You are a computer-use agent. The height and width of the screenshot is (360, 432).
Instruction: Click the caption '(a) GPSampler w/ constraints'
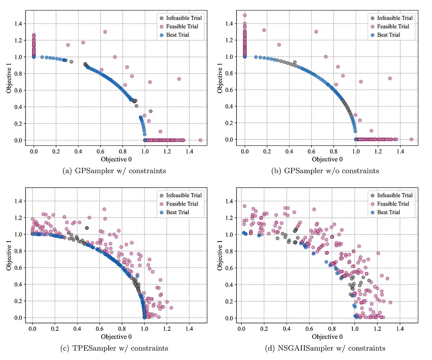pos(114,171)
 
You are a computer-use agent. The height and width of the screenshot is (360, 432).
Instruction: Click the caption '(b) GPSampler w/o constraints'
pos(325,171)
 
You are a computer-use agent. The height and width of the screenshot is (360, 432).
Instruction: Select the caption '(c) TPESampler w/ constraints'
pos(114,348)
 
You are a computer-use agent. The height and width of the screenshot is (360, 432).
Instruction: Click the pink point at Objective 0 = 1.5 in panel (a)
pos(201,140)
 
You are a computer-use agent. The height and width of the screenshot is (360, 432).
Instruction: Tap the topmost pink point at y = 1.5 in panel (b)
pos(245,15)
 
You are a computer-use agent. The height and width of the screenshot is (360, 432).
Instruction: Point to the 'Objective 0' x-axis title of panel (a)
pos(116,159)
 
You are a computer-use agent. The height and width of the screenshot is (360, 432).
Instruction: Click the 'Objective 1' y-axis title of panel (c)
pos(9,255)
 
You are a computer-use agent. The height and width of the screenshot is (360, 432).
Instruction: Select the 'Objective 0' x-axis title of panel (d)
pos(327,337)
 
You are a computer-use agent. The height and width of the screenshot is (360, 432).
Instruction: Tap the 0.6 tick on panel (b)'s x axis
pos(311,152)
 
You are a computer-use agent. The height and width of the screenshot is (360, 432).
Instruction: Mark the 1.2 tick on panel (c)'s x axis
pos(167,329)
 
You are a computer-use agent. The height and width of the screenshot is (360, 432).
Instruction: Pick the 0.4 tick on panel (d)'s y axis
pos(229,285)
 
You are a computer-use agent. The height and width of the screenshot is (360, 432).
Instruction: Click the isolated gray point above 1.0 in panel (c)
pos(87,228)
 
